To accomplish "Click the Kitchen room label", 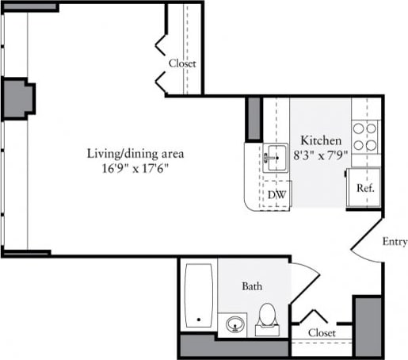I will click(321, 140).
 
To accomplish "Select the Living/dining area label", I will click(135, 153).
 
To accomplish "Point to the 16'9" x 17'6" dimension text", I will click(136, 168).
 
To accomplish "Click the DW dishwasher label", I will click(276, 194).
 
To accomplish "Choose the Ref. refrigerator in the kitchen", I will click(364, 189).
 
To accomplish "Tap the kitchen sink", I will click(275, 155).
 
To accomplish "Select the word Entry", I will click(394, 242).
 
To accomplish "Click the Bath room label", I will click(252, 285).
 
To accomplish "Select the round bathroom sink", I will click(235, 324).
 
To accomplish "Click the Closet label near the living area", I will click(182, 63).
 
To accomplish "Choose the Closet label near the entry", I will click(321, 333).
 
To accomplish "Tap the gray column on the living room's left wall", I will click(17, 98).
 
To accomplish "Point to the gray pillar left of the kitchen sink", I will click(254, 119).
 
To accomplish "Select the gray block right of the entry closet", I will click(367, 326).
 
